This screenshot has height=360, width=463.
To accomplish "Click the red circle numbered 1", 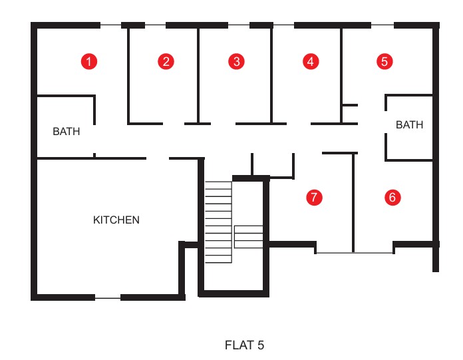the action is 89,61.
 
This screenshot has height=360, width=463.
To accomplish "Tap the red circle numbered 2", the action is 166,61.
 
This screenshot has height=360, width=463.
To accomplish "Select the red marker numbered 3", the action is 237,61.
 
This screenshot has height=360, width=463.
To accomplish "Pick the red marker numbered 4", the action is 311,61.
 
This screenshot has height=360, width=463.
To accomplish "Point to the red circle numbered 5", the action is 385,61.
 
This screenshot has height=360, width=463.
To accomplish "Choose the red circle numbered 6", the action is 392,197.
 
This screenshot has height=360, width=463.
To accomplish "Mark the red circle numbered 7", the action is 314,197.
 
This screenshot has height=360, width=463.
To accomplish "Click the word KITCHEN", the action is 116,220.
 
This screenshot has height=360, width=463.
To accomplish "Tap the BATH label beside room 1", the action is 66,131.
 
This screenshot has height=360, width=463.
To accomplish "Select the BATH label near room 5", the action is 409,125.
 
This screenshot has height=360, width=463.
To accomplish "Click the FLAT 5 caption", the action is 244,345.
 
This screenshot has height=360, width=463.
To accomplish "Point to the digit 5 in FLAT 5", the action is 261,345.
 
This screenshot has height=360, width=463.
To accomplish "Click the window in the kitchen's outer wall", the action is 108,298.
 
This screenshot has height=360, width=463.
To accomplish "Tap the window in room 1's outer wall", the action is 110,25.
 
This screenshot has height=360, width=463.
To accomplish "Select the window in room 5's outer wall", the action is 383,25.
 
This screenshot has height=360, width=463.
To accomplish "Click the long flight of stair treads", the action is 218,222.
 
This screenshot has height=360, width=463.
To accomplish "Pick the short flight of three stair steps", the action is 249,237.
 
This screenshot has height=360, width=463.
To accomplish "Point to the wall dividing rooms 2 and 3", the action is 198,75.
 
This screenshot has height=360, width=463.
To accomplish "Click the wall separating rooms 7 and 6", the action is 353,202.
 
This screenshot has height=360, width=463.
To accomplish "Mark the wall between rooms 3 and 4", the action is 271,75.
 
